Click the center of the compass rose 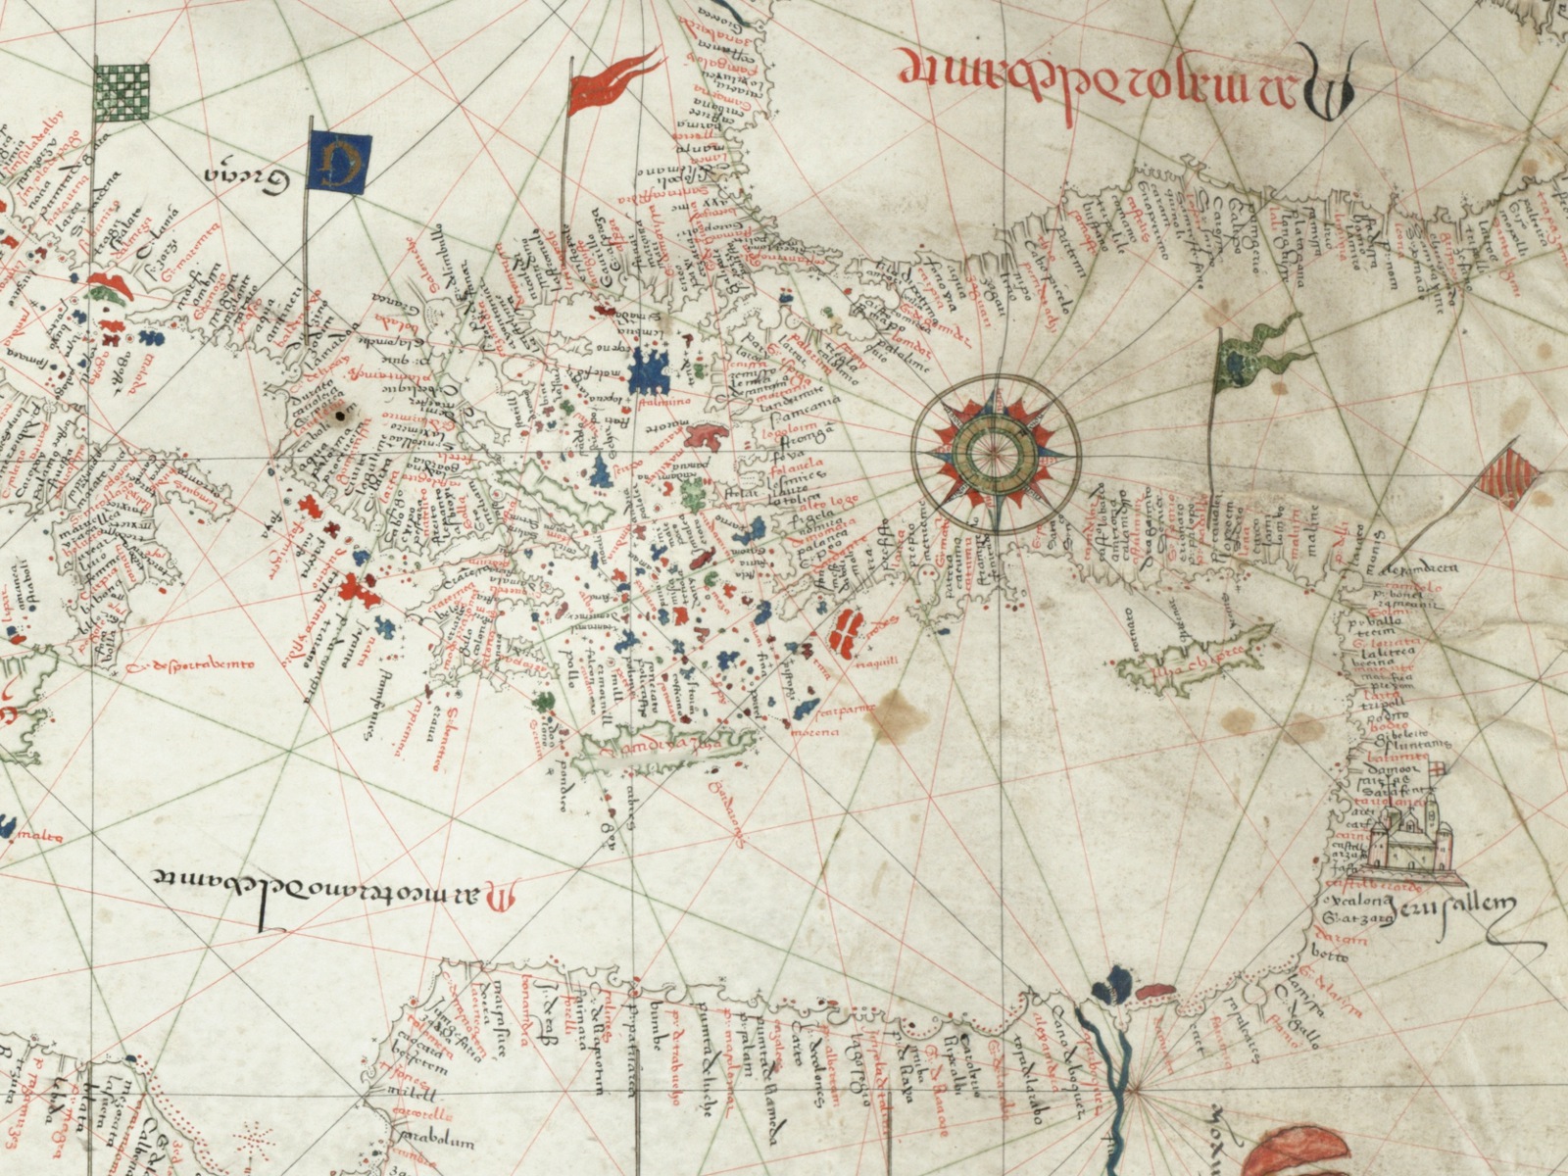996,451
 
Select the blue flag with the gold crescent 338,162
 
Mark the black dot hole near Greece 340,417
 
